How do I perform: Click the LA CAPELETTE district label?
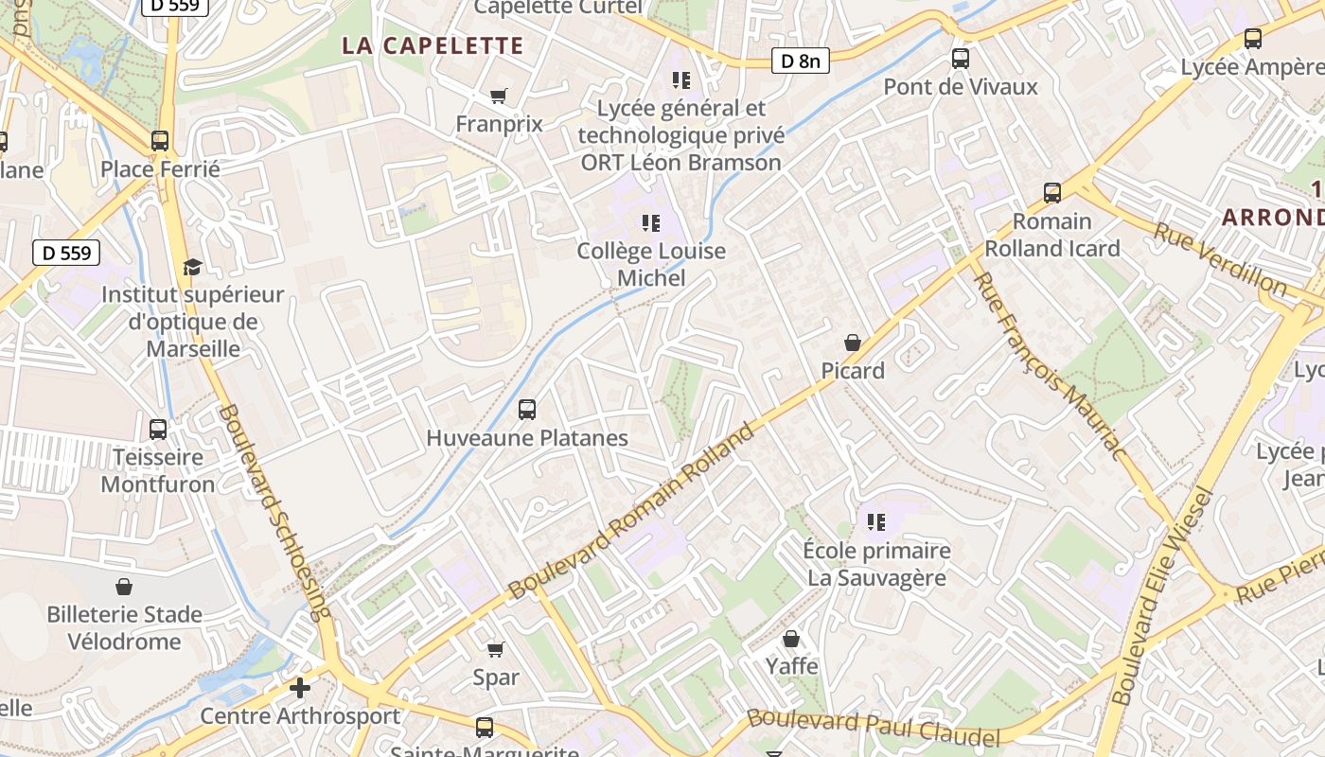[x=433, y=45]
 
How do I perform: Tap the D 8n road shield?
[x=800, y=61]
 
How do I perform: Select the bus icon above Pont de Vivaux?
[x=961, y=59]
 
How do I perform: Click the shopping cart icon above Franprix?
[x=499, y=96]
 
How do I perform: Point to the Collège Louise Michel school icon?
[x=651, y=223]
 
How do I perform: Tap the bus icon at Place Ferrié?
[x=160, y=141]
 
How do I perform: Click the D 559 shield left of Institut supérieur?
[x=66, y=253]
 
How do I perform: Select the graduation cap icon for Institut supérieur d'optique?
[x=192, y=267]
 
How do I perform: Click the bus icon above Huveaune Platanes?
[x=527, y=410]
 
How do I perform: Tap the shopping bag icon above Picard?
[x=853, y=343]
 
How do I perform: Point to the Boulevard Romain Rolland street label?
[x=631, y=511]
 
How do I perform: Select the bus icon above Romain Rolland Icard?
[x=1052, y=193]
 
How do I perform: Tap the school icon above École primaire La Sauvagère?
[x=876, y=521]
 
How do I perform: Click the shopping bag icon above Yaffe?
[x=791, y=639]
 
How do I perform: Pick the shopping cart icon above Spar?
[x=495, y=649]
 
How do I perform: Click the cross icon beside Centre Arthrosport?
[x=300, y=688]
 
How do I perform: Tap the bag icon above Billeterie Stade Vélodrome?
[x=124, y=587]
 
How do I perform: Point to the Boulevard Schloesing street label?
[x=275, y=512]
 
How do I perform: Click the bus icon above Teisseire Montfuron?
[x=158, y=429]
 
